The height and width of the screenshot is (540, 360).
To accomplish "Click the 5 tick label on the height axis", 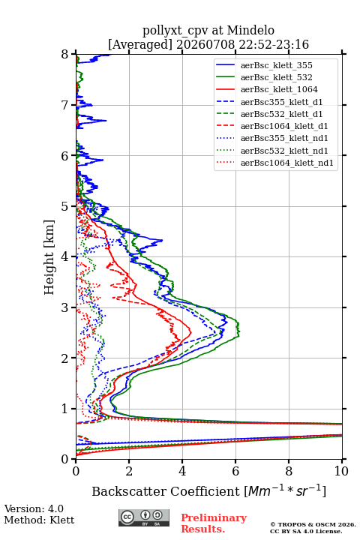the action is pos(65,206).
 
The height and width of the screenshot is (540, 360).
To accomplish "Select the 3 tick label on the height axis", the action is pos(65,307).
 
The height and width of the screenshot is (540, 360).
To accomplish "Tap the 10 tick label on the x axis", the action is pos(341,471).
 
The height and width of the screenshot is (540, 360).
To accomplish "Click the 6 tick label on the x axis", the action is pos(235,471).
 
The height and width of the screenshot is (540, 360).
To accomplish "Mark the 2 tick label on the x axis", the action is pos(129,471).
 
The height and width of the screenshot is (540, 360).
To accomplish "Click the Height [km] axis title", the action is pos(49,257).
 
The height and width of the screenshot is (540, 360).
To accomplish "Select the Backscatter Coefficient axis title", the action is pos(209,491).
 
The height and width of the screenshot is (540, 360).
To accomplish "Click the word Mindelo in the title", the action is pos(250,30).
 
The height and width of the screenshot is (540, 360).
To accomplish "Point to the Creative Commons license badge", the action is pos(144,517).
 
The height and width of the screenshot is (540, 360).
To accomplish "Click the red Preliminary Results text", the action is pos(214,523).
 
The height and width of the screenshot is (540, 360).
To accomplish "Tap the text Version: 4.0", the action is pos(34,508).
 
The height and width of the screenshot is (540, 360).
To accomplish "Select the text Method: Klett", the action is pos(39,520).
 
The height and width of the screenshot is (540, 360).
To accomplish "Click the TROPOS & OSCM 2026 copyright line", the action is pos(313,524).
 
